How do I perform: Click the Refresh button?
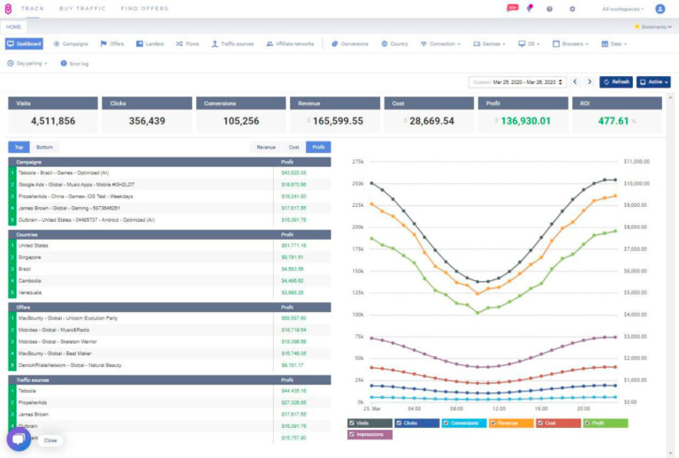[616, 81]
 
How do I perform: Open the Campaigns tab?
[71, 43]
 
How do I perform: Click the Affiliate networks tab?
[289, 43]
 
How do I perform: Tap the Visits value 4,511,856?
[53, 120]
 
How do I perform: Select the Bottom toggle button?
[44, 147]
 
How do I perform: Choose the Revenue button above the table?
[265, 147]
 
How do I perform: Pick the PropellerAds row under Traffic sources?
[36, 401]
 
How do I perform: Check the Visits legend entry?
[370, 423]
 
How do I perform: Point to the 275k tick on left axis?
[358, 162]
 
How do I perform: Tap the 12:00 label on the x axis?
[498, 409]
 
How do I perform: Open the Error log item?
[74, 64]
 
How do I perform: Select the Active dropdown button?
[653, 81]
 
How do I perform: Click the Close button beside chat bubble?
[50, 439]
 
